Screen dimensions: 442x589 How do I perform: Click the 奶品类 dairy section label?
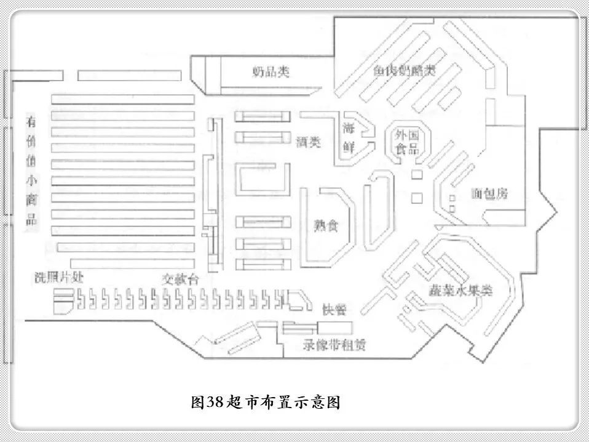pos(271,71)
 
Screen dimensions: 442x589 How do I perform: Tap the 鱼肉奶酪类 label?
pos(404,71)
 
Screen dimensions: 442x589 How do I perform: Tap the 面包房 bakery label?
pos(490,193)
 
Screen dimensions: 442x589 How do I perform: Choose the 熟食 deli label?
pos(325,225)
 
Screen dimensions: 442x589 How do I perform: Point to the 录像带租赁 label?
pos(334,345)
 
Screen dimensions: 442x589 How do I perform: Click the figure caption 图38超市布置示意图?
pos(266,403)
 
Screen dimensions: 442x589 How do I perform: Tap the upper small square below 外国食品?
pos(417,175)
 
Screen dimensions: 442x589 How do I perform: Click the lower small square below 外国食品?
pos(417,198)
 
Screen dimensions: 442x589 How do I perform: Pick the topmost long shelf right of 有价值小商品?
pos(122,98)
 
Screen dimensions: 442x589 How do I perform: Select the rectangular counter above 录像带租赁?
pos(334,327)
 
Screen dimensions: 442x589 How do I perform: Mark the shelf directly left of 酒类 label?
pos(263,137)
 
